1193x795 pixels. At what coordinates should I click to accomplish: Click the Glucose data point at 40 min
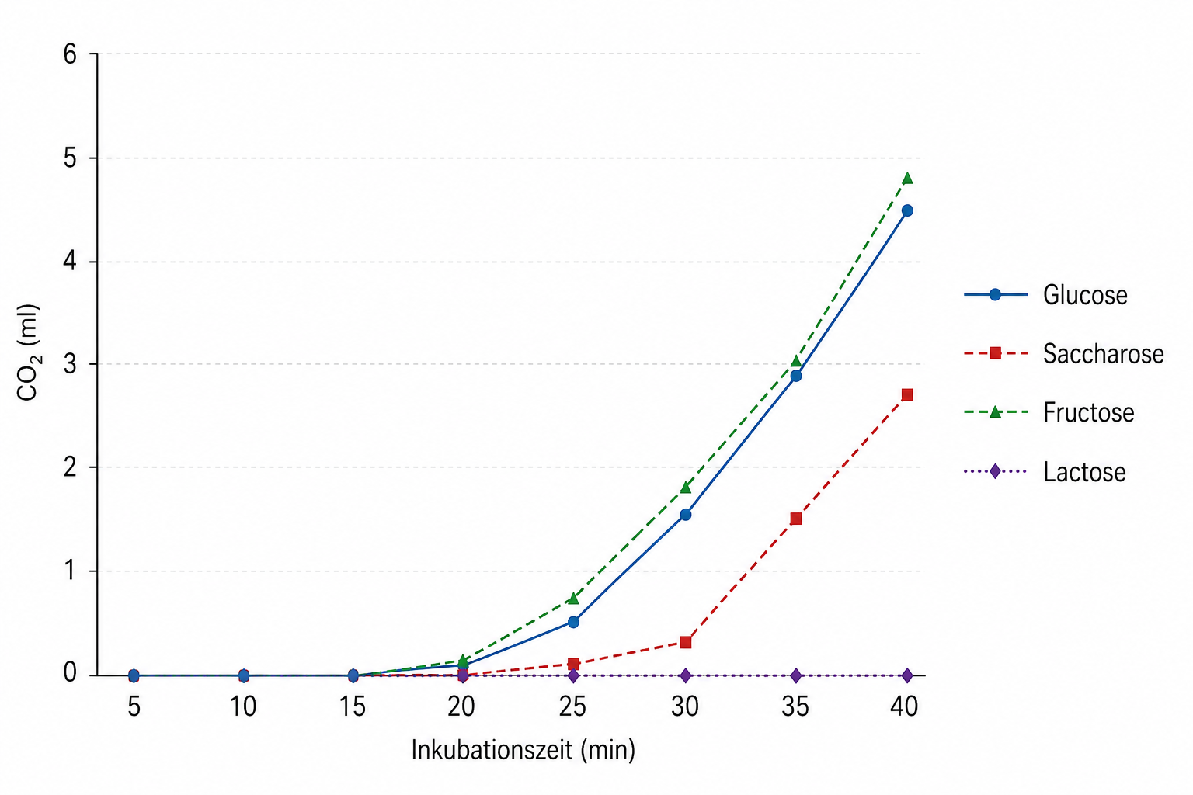(906, 210)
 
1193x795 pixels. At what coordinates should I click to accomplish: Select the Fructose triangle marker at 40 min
(906, 179)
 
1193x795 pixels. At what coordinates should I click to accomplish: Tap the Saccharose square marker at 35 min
(795, 519)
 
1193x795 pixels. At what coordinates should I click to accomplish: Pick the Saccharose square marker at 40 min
(906, 394)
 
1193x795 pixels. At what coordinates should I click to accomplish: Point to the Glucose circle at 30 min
(685, 515)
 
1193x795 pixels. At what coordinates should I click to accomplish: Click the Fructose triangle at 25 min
(573, 599)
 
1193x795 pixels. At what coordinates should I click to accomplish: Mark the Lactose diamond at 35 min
(795, 675)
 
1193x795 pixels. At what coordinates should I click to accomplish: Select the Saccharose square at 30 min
(685, 642)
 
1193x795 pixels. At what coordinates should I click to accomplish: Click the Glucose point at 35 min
(795, 376)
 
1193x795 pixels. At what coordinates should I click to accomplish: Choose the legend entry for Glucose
(1084, 295)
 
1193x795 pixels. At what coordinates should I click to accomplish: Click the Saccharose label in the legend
(1103, 354)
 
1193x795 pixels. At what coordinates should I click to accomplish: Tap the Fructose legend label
(1088, 412)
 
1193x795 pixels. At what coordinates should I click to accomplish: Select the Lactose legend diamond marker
(995, 471)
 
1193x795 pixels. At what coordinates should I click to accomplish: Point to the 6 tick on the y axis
(71, 54)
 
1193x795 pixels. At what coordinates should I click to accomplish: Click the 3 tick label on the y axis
(71, 364)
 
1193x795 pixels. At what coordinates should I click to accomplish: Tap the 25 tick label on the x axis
(573, 706)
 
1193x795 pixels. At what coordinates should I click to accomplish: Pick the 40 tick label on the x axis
(904, 706)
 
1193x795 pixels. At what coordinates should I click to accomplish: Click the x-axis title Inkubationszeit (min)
(523, 750)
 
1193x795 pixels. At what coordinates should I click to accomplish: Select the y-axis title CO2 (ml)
(28, 353)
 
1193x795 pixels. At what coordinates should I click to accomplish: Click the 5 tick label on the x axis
(134, 706)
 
